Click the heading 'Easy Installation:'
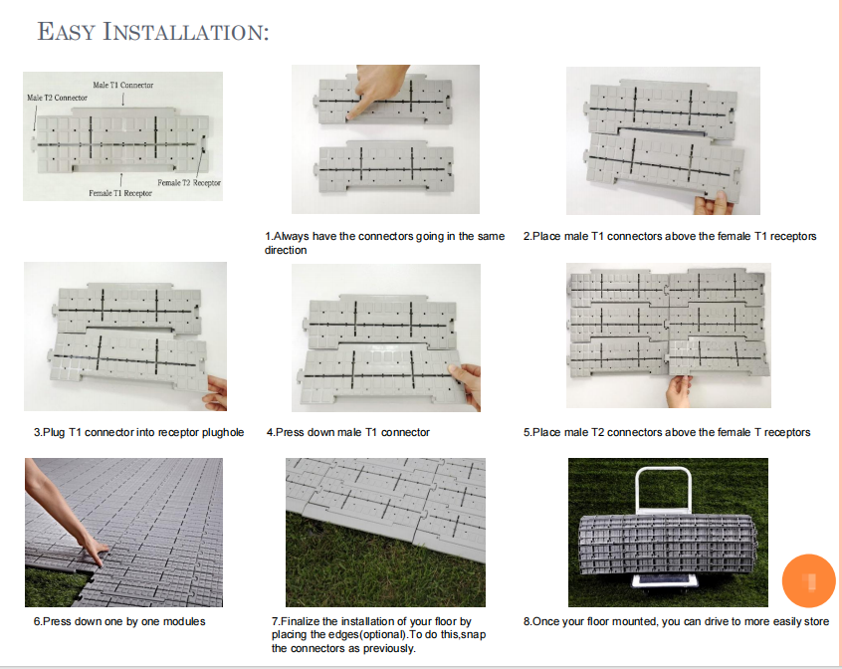coord(152,31)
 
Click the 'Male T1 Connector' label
coord(123,86)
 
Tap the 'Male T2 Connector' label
coord(57,98)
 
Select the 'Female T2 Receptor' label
coord(188,183)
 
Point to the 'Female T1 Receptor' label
coord(120,193)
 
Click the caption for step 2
coord(669,236)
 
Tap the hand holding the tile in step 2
coord(715,203)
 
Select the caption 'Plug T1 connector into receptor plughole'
coord(138,432)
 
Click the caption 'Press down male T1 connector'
coord(347,432)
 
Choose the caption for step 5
coord(667,432)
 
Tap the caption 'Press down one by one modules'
coord(119,621)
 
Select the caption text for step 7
coord(377,635)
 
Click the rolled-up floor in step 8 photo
coord(668,545)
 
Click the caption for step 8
coord(676,621)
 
